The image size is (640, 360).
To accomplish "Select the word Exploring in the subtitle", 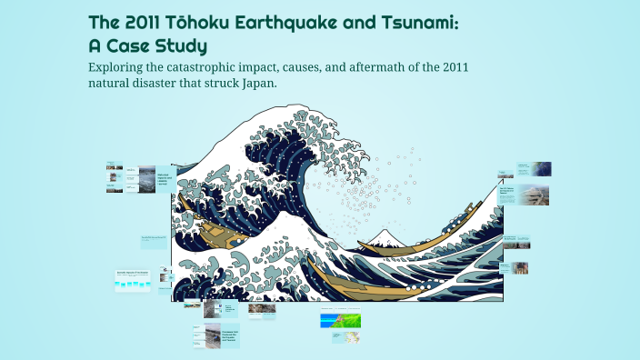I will [123, 69].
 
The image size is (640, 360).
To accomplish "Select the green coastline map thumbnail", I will [341, 320].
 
